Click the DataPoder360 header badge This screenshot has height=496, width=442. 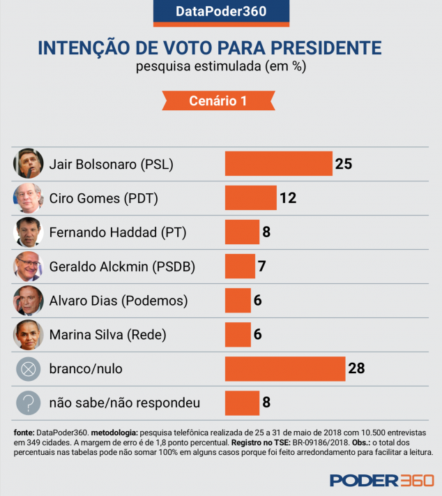pos(220,12)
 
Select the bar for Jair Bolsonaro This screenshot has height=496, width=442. pos(278,164)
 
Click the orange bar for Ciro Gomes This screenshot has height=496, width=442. pos(250,198)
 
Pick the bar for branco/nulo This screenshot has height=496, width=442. pos(284,368)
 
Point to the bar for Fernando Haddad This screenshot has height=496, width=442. pos(242,232)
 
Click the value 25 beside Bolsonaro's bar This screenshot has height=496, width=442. pos(343,164)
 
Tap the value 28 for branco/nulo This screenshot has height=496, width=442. pos(356,368)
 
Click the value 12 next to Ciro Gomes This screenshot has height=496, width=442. pos(288,198)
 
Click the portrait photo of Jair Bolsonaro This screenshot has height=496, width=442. pos(29,164)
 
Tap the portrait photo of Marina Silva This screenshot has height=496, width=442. pos(29,335)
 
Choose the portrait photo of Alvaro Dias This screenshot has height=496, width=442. pos(29,301)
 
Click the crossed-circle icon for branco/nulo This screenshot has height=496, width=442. pos(29,368)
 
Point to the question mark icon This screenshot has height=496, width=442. pos(29,403)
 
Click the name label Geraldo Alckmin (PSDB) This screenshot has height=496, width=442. pos(122,266)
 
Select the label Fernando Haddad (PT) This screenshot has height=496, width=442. pos(118,232)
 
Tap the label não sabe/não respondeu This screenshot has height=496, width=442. pos(125,403)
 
